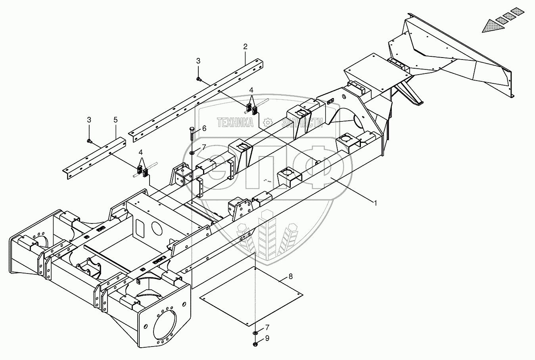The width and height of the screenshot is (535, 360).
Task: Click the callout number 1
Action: click(375, 203)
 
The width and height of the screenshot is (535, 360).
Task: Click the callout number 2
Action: click(245, 47)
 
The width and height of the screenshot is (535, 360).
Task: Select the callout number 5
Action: click(115, 119)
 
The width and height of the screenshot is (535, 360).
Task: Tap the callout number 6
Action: click(204, 128)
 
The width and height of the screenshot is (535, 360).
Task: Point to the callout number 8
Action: click(291, 276)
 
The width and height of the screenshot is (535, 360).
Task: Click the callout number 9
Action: click(267, 339)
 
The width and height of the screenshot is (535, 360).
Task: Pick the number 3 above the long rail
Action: click(198, 61)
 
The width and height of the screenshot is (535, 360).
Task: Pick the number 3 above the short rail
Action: click(89, 119)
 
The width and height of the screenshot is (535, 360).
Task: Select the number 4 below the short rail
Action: click(140, 152)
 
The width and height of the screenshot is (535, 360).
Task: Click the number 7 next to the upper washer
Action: click(204, 147)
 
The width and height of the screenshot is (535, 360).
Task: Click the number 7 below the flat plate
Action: click(267, 327)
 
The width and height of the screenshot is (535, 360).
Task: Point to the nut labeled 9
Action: click(256, 340)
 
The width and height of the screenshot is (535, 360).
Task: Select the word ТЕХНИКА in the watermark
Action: click(235, 123)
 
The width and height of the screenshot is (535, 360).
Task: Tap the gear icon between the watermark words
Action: click(268, 122)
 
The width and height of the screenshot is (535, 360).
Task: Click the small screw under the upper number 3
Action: click(198, 79)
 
